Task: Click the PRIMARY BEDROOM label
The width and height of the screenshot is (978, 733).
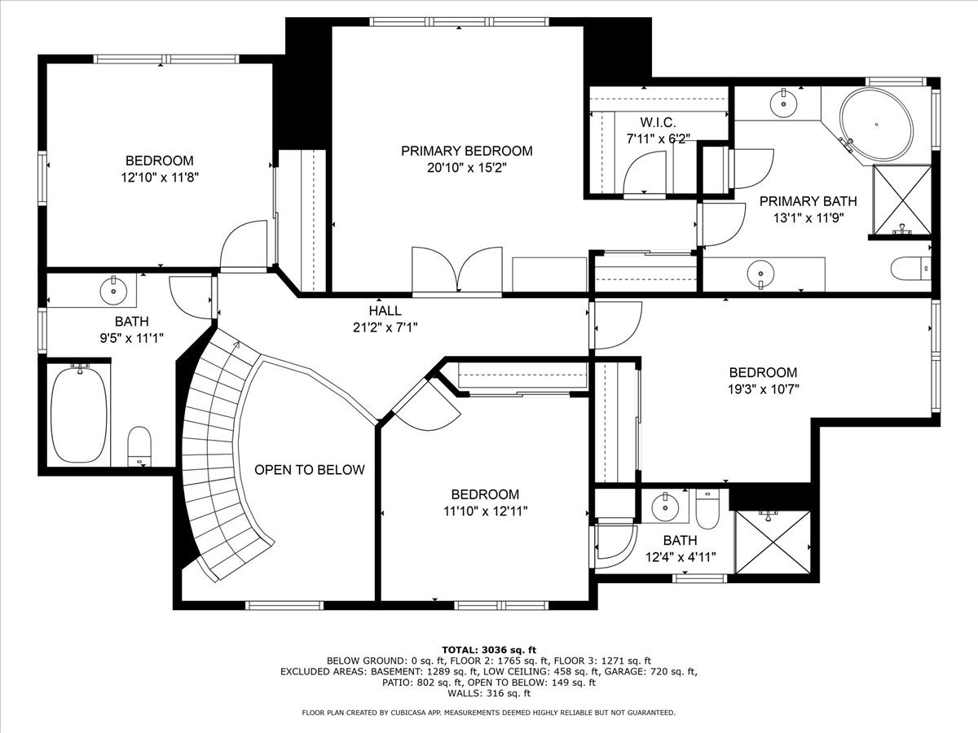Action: click(466, 151)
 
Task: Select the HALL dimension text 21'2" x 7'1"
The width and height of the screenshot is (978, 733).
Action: click(385, 327)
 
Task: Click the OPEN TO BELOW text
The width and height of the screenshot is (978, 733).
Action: click(310, 470)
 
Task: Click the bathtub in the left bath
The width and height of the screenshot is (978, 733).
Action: click(79, 415)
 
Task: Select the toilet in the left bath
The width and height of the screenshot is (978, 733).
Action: click(140, 446)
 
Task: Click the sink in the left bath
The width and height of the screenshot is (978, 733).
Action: click(112, 287)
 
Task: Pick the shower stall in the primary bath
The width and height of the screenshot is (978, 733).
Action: click(901, 200)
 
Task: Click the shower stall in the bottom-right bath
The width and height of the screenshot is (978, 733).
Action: click(773, 542)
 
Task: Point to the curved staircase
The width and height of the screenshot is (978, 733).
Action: click(214, 456)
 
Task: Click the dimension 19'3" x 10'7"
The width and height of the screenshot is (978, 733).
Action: click(764, 388)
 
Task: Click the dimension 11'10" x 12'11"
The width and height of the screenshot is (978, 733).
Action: click(485, 511)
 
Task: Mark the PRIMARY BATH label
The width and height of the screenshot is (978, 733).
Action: click(808, 201)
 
